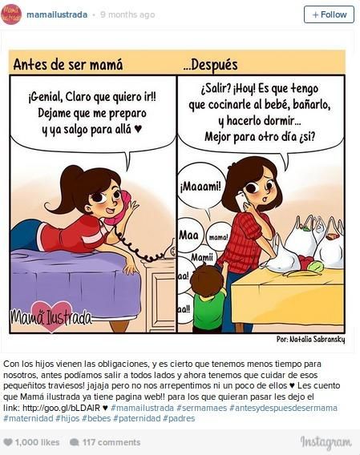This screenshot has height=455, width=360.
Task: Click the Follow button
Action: point(329,14)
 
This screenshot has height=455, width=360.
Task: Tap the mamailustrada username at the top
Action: point(57,14)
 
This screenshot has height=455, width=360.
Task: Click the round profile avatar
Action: point(11,14)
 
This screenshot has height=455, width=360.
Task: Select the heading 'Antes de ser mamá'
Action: point(68,64)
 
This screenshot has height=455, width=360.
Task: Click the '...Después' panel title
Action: point(210,65)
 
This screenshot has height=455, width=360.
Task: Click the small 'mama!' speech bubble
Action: point(219,237)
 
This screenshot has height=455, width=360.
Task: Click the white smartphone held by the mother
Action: point(242,200)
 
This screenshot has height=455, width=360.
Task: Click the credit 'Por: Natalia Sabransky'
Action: point(310,339)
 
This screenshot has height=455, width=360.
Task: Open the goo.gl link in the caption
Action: point(61,408)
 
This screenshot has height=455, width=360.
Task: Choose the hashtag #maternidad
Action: point(28,418)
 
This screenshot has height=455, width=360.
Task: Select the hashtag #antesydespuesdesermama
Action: point(283,408)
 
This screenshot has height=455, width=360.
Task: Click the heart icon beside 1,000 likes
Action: point(8,442)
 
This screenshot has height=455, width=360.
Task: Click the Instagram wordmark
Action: point(326,442)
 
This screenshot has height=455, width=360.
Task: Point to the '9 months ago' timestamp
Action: point(127,14)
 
